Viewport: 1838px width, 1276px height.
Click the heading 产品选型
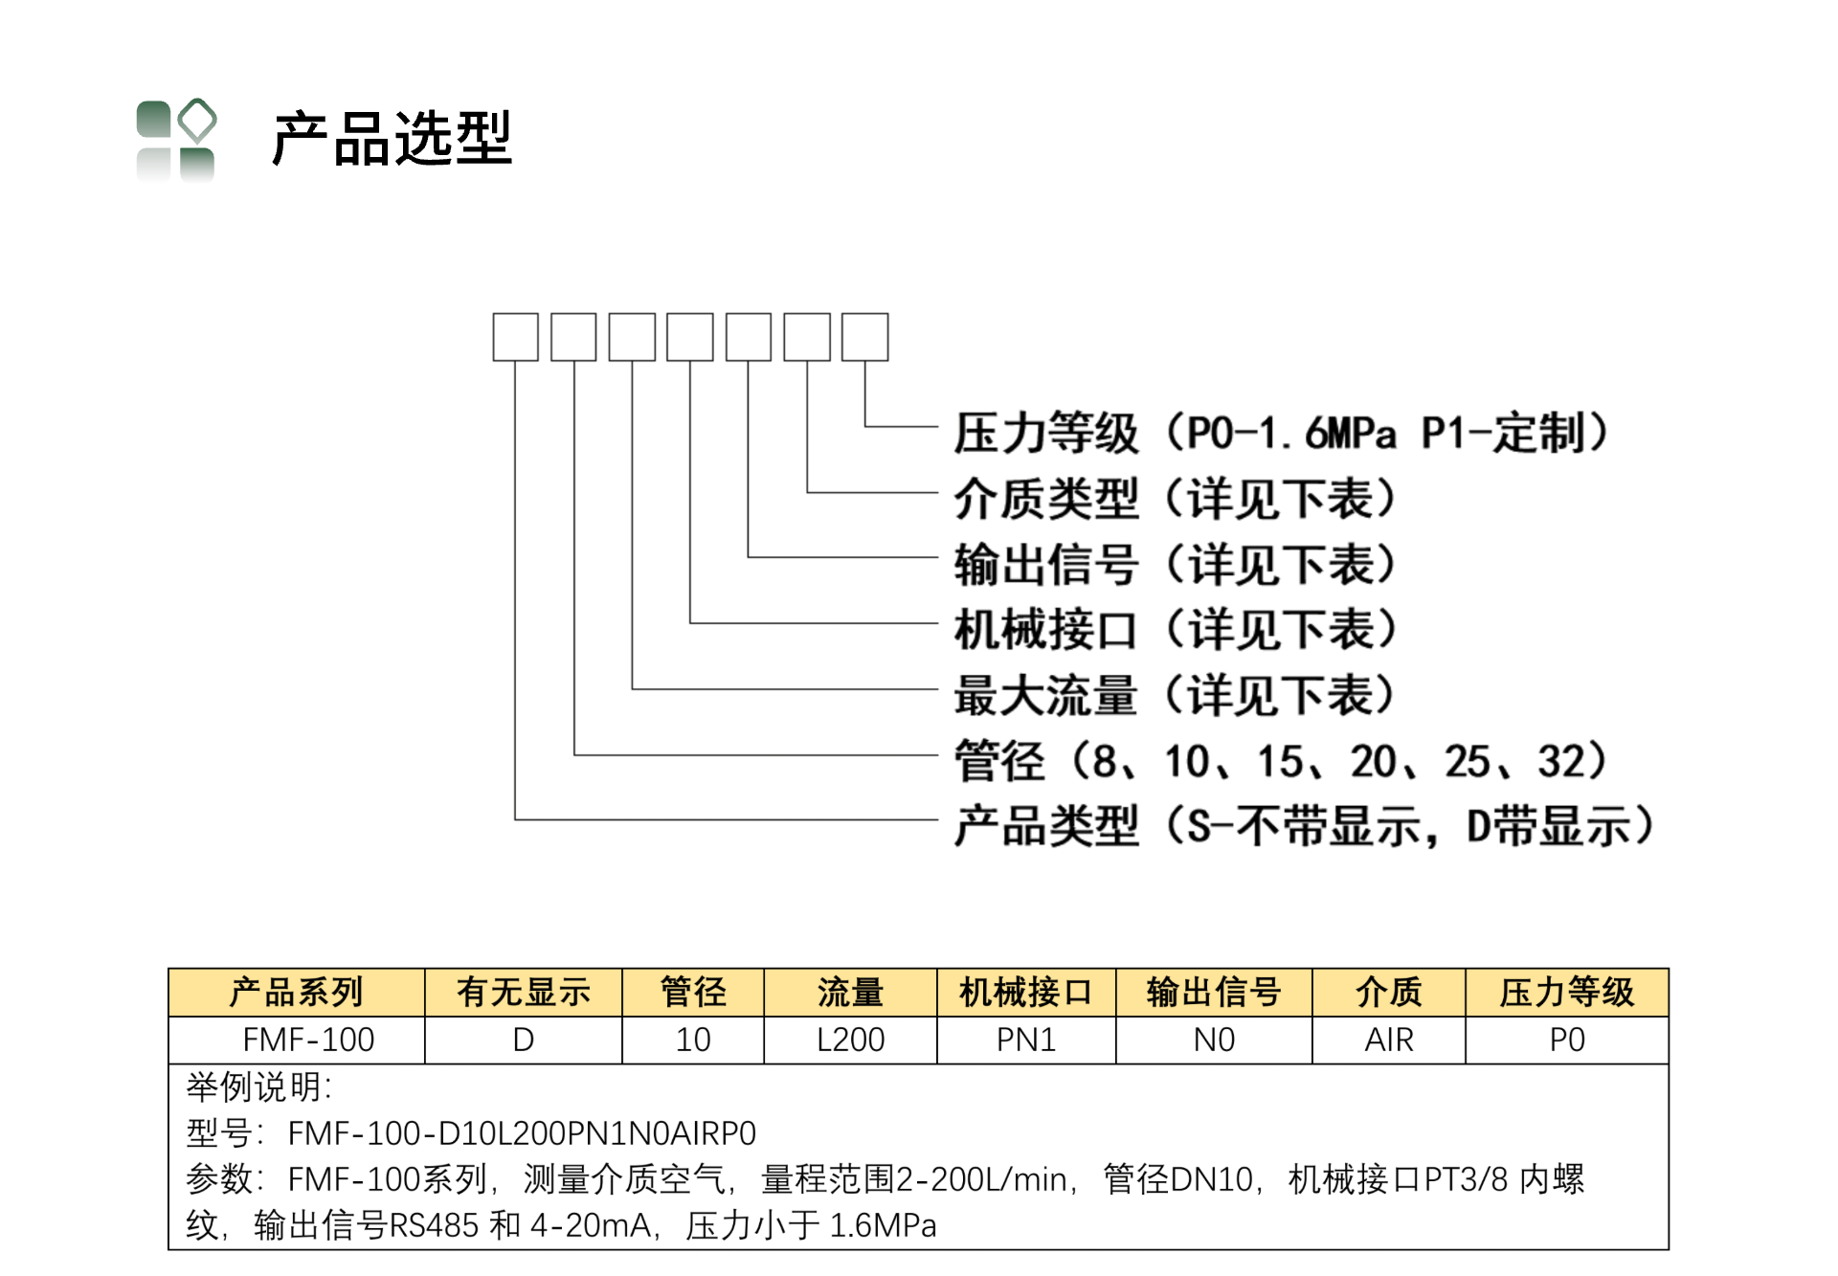392,139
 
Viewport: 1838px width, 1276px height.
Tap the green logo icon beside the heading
176,140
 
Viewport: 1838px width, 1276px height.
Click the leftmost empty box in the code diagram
515,337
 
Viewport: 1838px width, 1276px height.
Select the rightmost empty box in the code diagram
864,337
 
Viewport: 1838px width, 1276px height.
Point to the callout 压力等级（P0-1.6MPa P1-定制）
1282,433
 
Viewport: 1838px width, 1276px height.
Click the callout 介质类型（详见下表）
1176,499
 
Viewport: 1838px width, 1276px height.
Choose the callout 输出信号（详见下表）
1176,564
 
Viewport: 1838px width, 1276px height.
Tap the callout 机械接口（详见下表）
1176,630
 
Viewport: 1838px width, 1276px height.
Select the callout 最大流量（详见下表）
1176,695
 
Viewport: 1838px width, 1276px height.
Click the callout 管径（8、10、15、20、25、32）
1281,761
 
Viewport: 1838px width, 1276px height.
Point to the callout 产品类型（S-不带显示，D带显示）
1305,826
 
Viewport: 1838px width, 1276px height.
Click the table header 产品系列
297,993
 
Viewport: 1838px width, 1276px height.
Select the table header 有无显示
524,993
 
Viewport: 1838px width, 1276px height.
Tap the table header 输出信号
1214,993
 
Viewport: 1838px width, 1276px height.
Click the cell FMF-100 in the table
308,1040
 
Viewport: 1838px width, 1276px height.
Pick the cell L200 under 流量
850,1040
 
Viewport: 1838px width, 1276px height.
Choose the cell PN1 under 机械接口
1026,1040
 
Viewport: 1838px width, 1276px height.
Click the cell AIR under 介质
1389,1040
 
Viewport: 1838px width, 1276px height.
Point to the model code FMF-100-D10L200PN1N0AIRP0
522,1133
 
